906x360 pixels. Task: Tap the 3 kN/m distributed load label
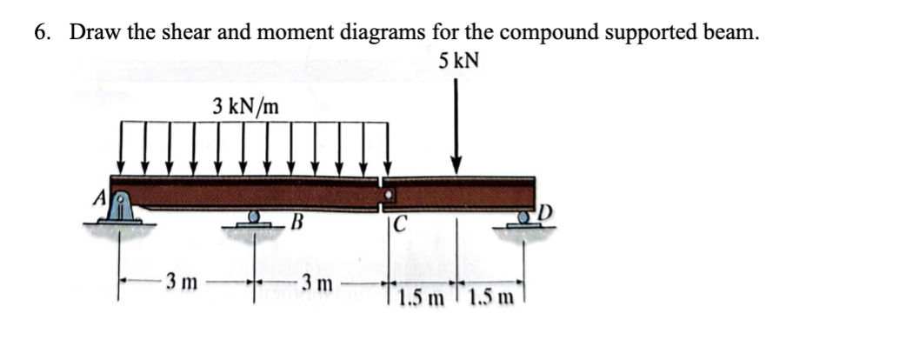click(x=247, y=108)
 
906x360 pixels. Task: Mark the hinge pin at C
click(x=388, y=191)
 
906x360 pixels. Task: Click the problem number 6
click(x=40, y=32)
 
